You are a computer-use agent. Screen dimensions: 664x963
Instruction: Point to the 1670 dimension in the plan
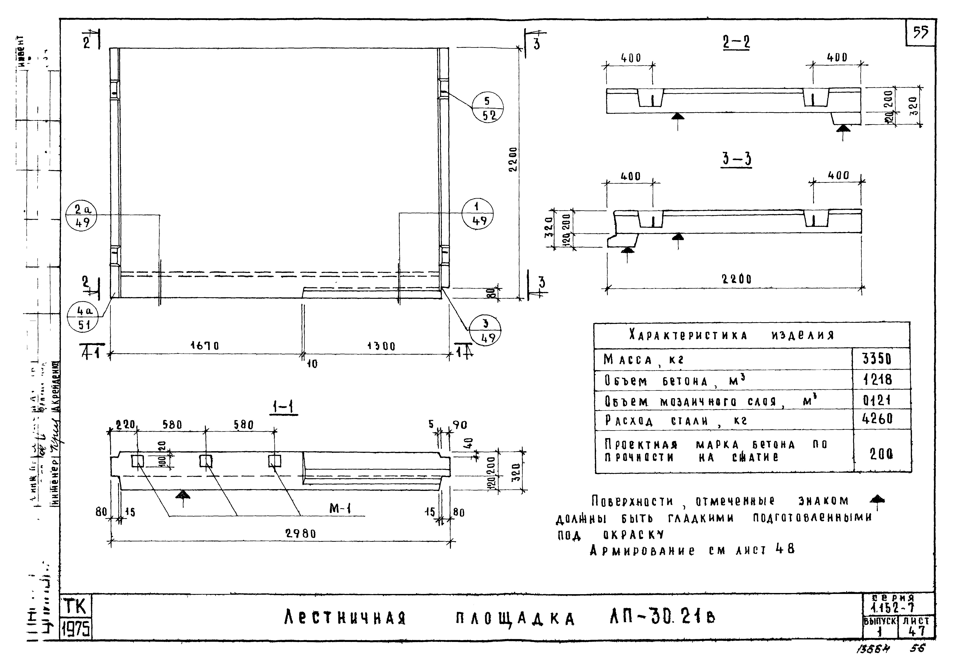point(205,346)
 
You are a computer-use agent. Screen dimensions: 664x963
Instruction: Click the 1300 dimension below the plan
point(381,346)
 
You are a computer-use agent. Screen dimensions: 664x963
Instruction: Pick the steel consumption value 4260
point(877,419)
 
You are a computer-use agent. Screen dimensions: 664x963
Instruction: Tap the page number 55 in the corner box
point(920,32)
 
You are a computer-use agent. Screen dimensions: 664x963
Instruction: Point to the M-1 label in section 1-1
point(340,508)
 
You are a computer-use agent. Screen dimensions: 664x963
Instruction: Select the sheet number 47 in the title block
point(917,631)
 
